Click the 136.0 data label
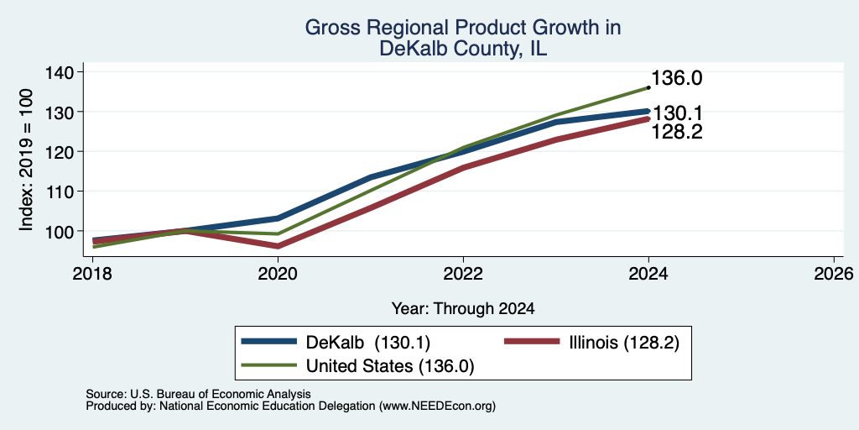pos(677,78)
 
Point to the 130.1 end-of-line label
pos(677,113)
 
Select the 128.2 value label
pos(677,132)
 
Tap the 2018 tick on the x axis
pos(92,274)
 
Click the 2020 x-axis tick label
pos(279,274)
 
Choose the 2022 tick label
pos(463,274)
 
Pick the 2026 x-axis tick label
pos(835,274)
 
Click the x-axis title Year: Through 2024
pos(463,309)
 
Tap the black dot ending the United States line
pos(648,87)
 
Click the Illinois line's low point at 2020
pos(279,246)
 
